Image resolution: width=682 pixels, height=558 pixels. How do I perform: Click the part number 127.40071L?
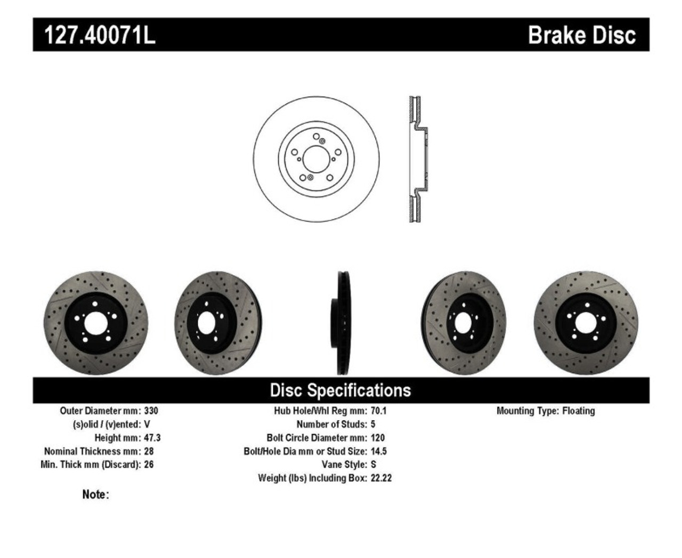click(99, 35)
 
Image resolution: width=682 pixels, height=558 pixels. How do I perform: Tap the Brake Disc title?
click(581, 35)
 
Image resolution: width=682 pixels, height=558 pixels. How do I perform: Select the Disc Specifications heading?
click(340, 390)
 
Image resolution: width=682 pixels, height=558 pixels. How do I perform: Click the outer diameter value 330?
click(151, 411)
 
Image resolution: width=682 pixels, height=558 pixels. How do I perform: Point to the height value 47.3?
click(152, 438)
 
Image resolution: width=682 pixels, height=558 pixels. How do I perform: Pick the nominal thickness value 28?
click(149, 451)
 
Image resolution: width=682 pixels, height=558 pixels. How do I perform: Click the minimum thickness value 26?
click(149, 464)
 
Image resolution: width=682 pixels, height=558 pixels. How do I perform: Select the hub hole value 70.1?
click(378, 411)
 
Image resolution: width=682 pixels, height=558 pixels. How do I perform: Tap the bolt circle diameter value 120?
click(377, 438)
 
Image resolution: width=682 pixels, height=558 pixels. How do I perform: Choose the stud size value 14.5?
click(378, 451)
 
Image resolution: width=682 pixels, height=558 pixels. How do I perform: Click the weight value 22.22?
click(381, 478)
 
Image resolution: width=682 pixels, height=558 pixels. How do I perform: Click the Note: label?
click(95, 495)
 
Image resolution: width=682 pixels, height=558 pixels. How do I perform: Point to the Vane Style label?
click(344, 464)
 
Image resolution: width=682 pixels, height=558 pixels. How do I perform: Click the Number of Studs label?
click(331, 424)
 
